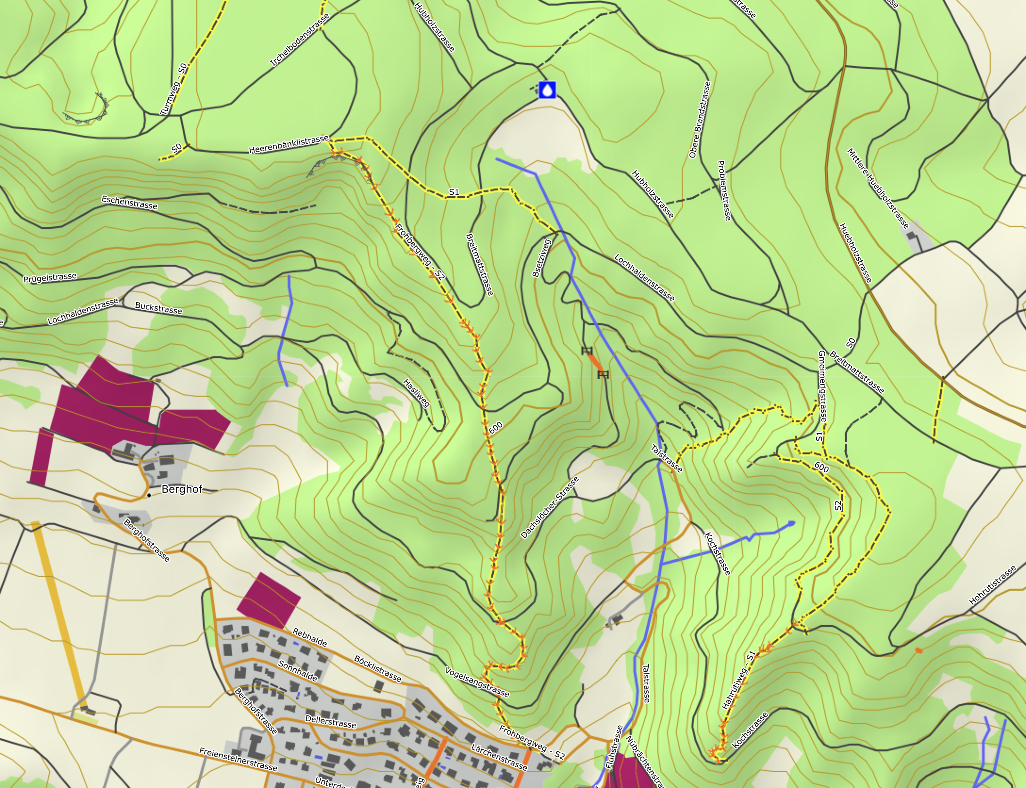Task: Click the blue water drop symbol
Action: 547,90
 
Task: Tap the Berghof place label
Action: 182,489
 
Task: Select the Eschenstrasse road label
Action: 129,203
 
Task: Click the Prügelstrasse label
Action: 50,278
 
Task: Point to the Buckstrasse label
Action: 158,308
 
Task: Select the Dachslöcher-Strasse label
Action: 550,507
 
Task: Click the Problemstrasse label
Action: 724,190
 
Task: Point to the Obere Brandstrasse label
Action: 699,119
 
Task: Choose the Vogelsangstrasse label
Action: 477,681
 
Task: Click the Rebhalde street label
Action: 310,637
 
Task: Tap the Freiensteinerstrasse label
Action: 238,759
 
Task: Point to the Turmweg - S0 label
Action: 174,90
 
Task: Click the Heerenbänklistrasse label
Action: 289,144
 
